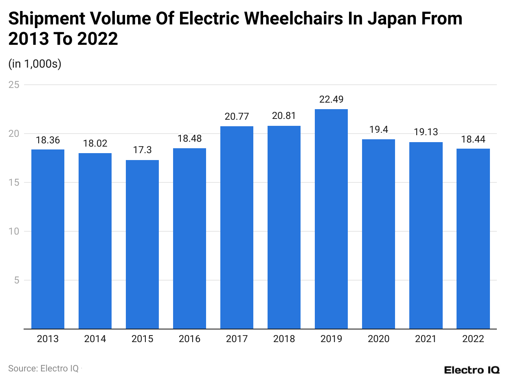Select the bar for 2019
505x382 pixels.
[x=331, y=219]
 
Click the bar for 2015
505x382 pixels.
[x=142, y=244]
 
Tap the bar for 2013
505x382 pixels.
[x=48, y=239]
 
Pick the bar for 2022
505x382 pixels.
[x=473, y=239]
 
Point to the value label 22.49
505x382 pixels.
[x=331, y=100]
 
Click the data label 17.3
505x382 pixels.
[x=142, y=150]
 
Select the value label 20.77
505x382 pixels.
[x=237, y=117]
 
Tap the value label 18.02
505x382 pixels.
[x=95, y=144]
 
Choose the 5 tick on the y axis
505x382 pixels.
[x=17, y=280]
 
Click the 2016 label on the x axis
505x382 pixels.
[x=189, y=339]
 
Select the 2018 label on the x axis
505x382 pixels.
[x=284, y=339]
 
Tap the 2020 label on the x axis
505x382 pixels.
[x=378, y=339]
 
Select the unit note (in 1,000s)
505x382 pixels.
[x=35, y=64]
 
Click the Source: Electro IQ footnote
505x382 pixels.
[x=43, y=368]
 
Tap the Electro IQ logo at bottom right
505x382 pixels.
[x=472, y=370]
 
